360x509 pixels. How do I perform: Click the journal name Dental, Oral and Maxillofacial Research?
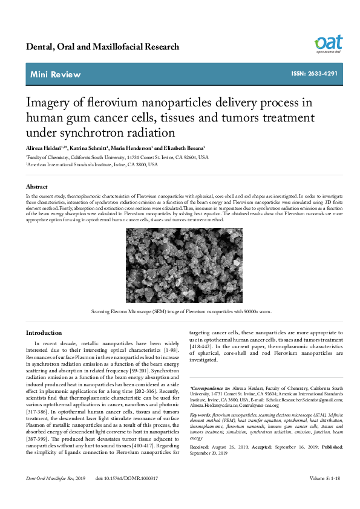[x=102, y=47]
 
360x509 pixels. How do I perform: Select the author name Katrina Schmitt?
[x=88, y=148]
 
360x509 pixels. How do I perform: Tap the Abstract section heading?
[x=36, y=187]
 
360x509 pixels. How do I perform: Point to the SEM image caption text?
[x=181, y=312]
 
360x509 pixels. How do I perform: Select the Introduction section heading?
[x=44, y=333]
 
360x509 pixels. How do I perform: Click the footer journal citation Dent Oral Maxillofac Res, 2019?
[x=54, y=495]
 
